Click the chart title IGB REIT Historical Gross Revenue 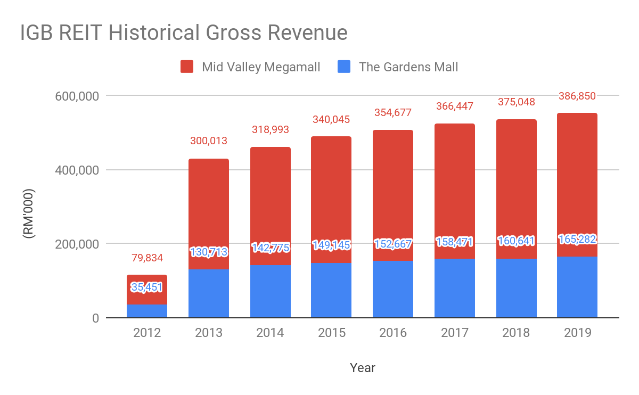pos(184,33)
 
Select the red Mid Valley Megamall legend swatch pos(187,67)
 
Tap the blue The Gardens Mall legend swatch pos(345,67)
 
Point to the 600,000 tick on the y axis pos(78,96)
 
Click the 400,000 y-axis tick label pos(78,170)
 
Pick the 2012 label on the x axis pos(147,333)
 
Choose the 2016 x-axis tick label pos(393,333)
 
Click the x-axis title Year pos(363,368)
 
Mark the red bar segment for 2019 pos(577,181)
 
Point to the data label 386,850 pos(577,96)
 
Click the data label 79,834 pos(147,258)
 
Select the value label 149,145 pos(331,245)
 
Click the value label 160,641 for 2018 pos(516,241)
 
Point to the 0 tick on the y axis pos(95,318)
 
